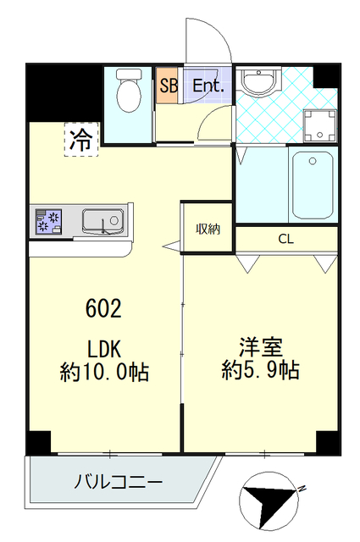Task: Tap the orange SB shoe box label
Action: tap(166, 86)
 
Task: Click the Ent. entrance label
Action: tap(208, 86)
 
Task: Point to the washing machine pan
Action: tap(319, 125)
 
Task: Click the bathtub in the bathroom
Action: tap(313, 185)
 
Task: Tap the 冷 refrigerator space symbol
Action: tap(82, 141)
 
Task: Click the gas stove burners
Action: tap(47, 222)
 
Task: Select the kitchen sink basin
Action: tap(104, 223)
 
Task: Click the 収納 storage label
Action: tap(208, 228)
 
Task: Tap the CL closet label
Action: tap(285, 239)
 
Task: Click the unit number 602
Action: tap(103, 308)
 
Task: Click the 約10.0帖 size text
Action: tap(105, 371)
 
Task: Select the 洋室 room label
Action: tap(260, 347)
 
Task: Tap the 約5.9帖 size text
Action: tap(261, 370)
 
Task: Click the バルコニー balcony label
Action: tap(119, 484)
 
